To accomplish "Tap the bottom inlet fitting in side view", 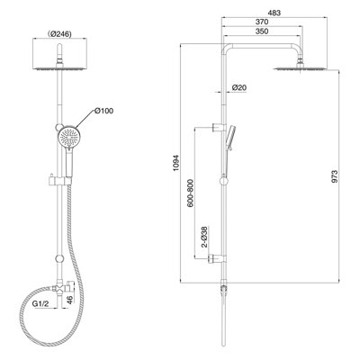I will [x=222, y=289].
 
